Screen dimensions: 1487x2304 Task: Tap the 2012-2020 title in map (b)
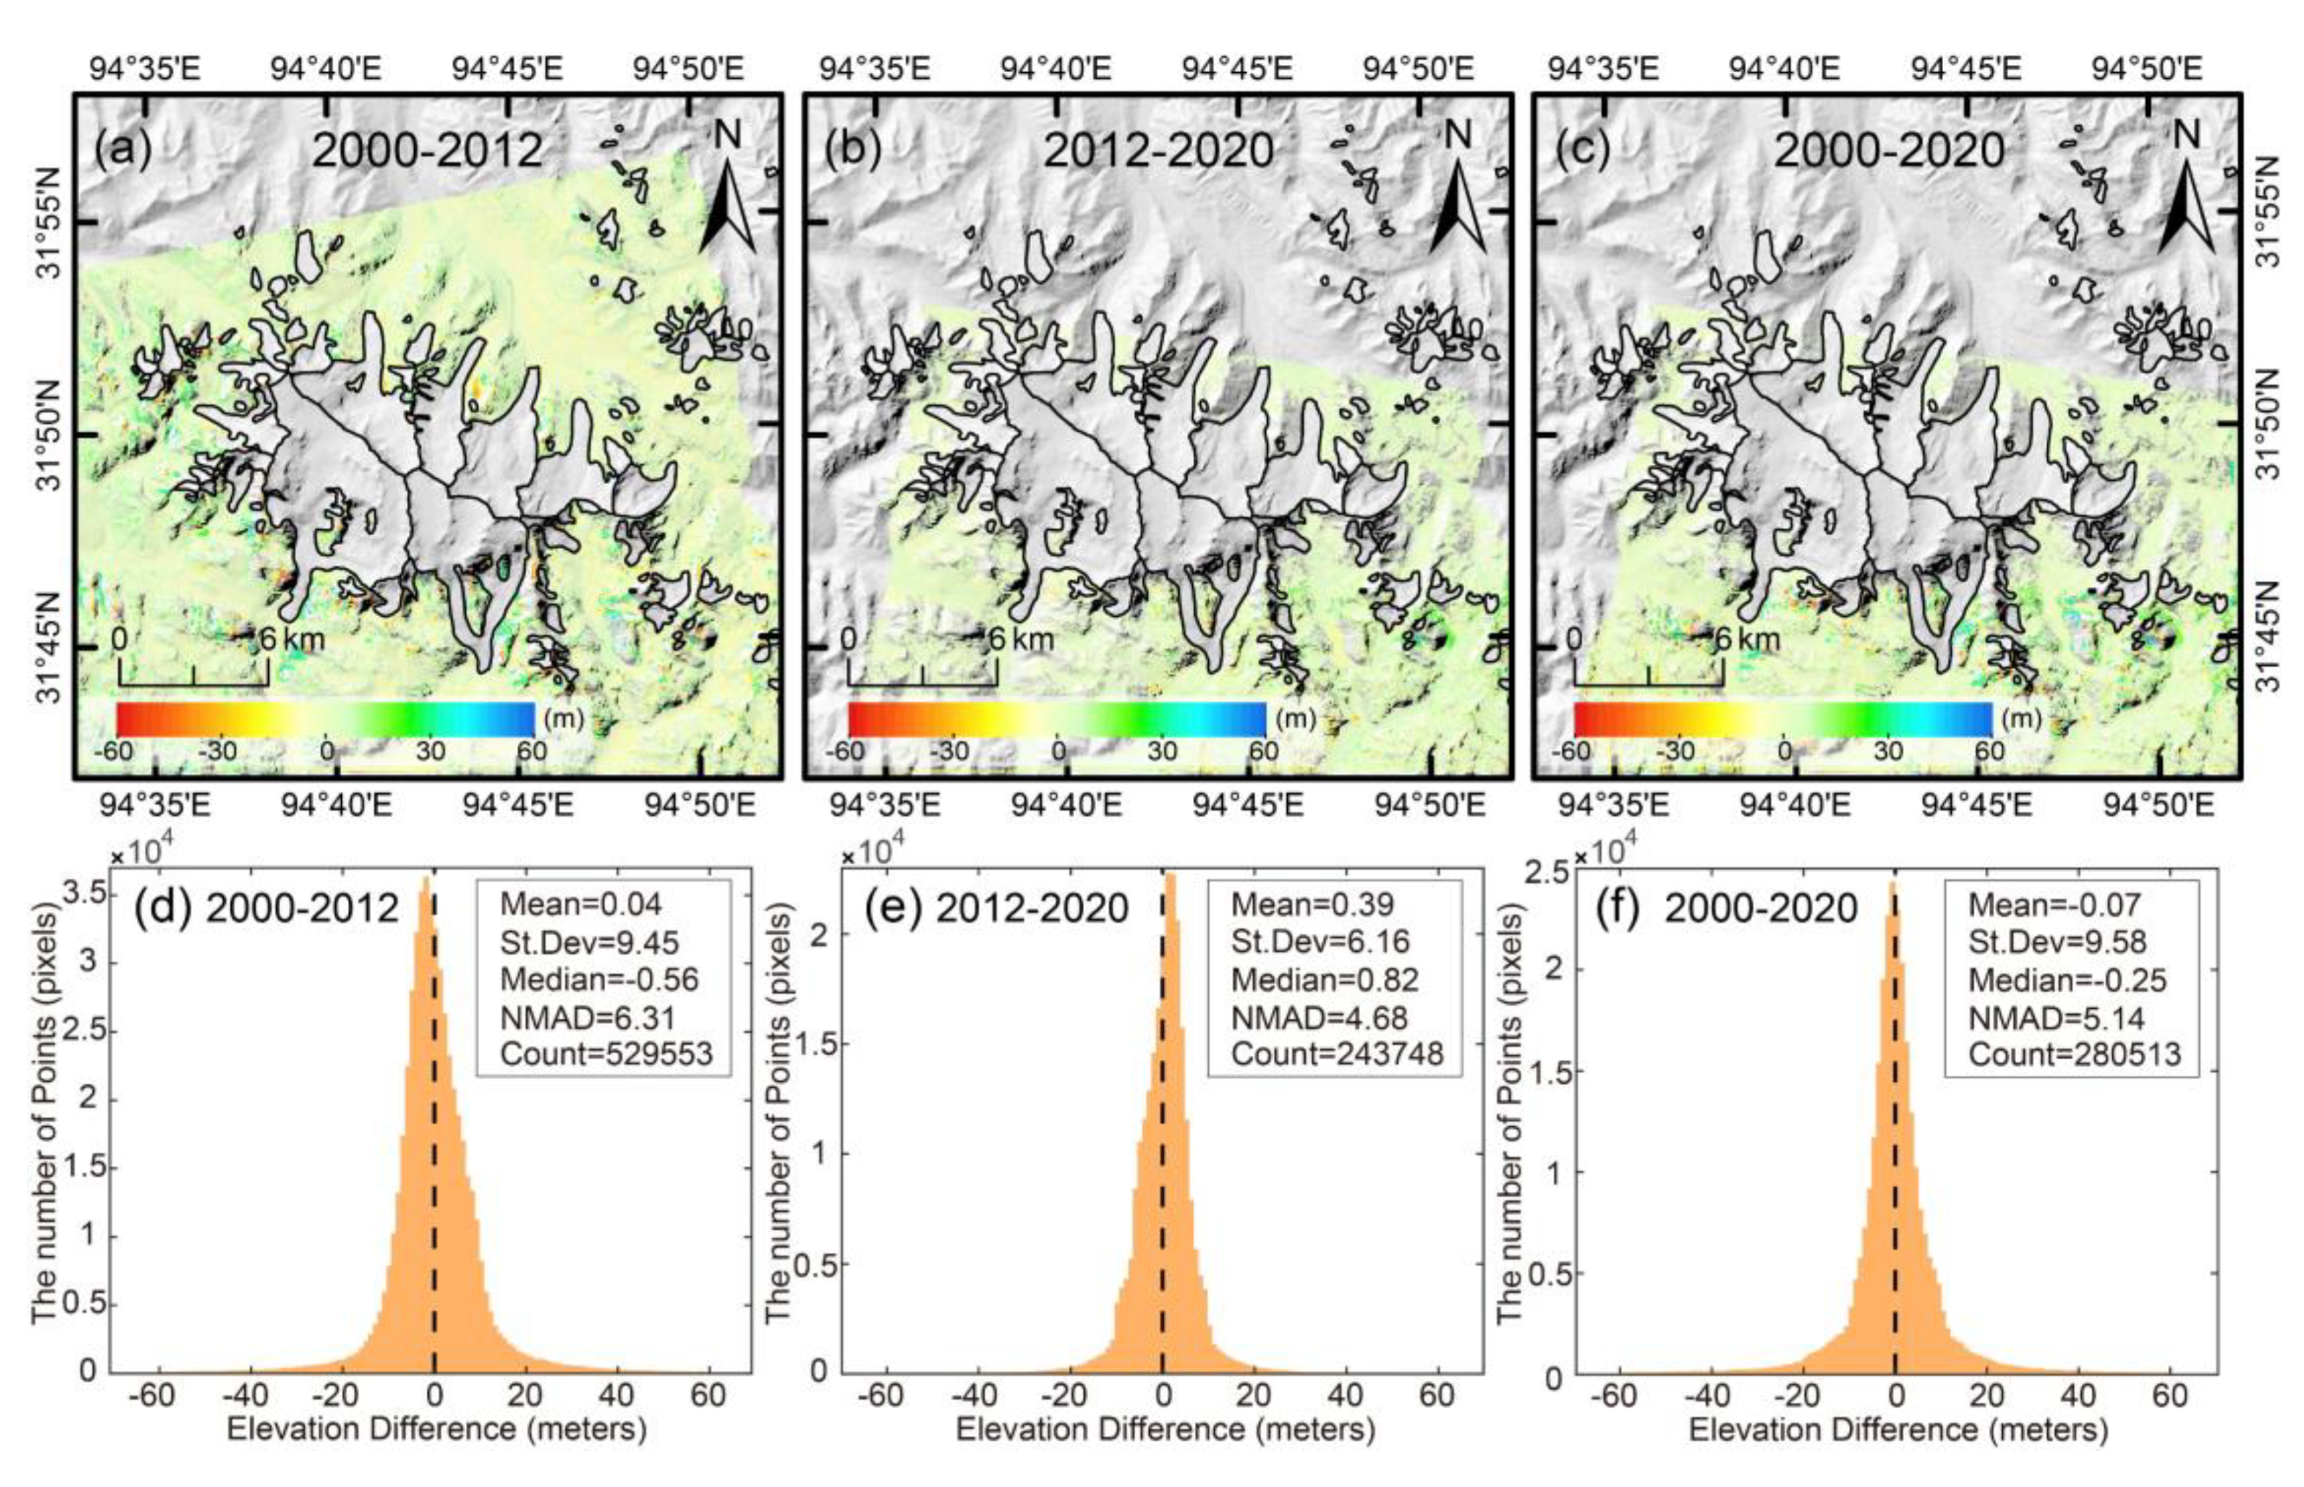[1158, 151]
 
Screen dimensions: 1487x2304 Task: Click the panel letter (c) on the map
[1580, 151]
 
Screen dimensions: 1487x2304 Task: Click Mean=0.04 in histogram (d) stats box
[580, 905]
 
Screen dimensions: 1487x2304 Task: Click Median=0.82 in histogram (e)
[1324, 980]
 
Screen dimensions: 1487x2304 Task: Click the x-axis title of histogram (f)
[1897, 1430]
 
